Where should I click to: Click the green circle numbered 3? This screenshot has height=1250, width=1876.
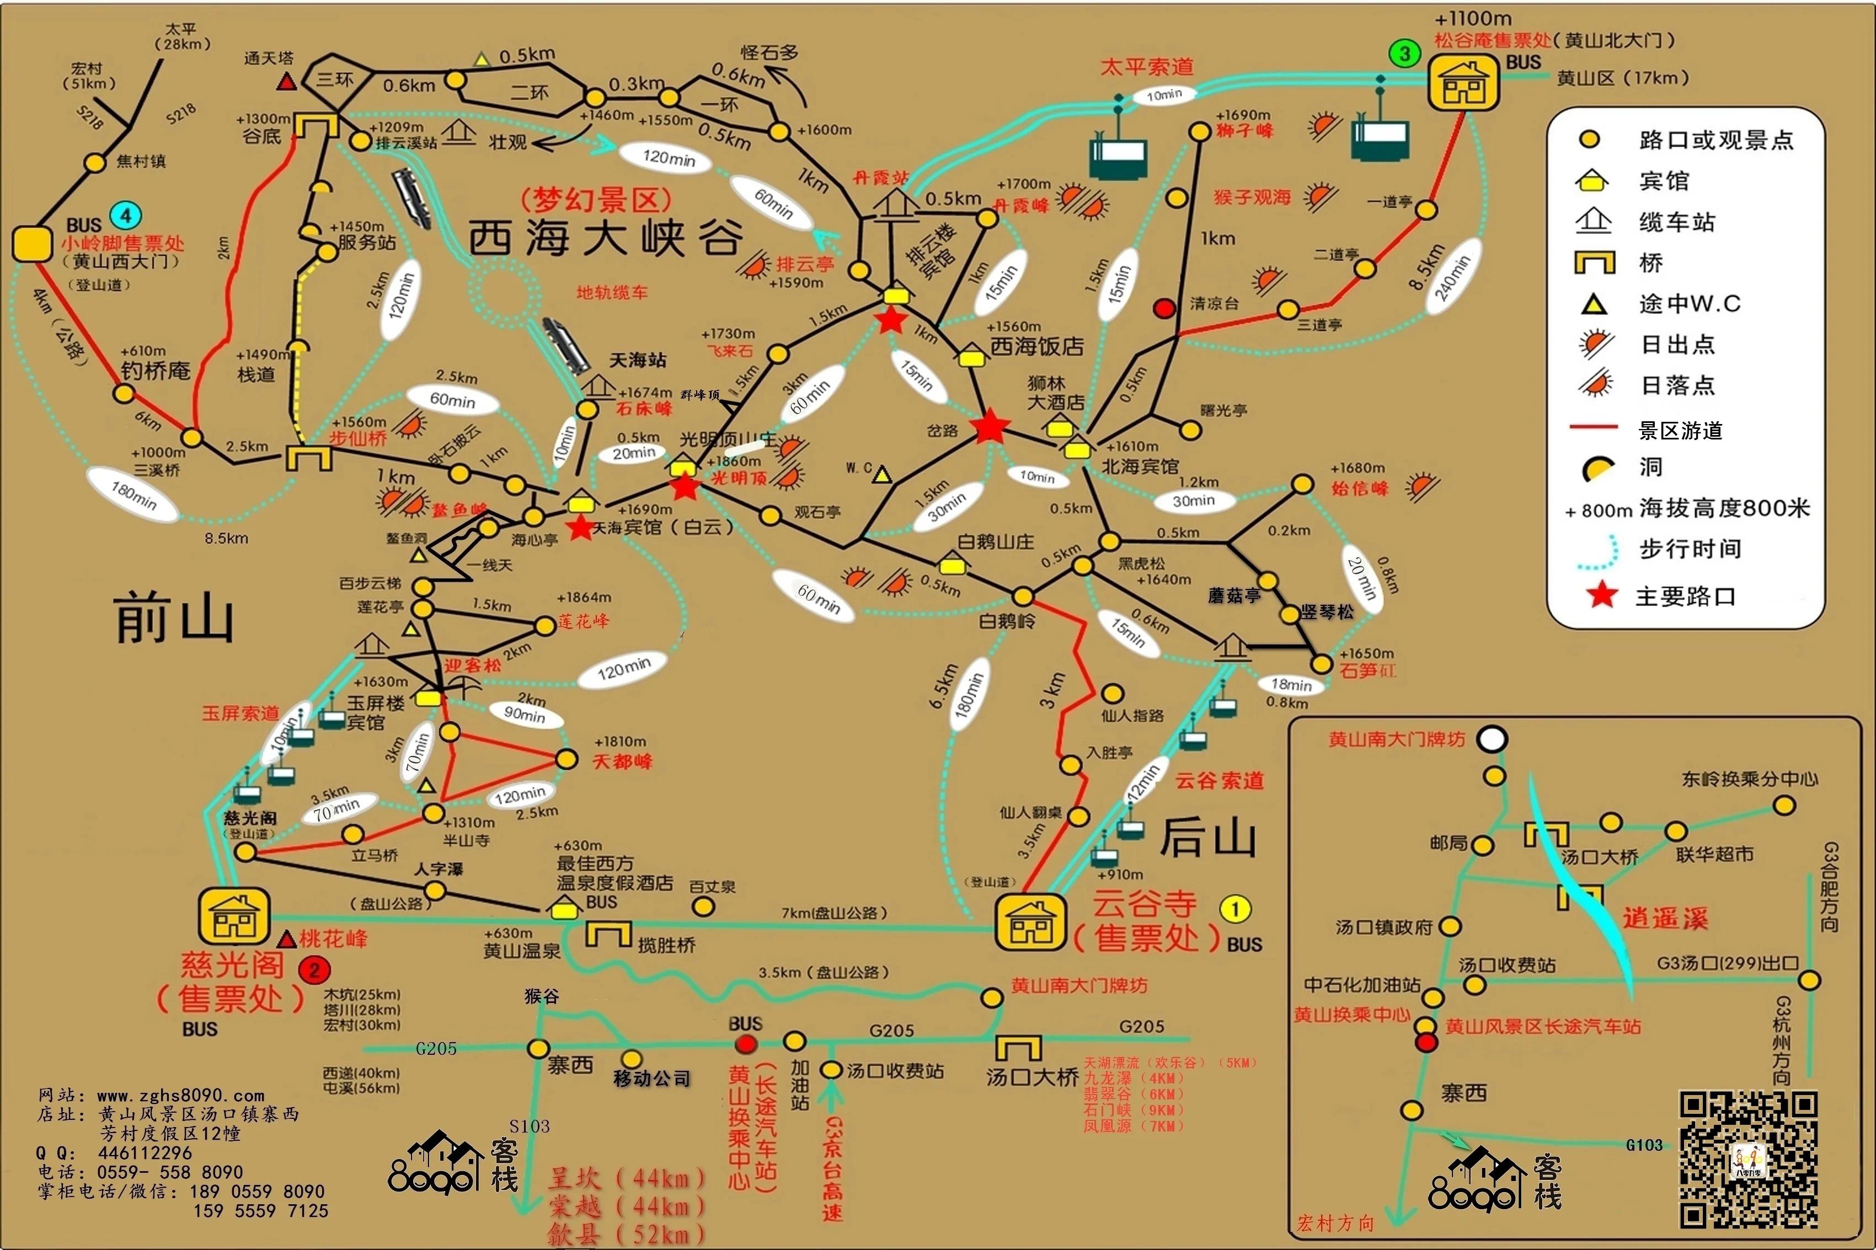pos(1405,53)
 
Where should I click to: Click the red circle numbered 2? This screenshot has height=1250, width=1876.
pos(314,970)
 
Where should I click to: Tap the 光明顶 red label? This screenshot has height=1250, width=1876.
pos(738,478)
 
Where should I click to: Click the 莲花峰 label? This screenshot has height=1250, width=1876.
pos(583,621)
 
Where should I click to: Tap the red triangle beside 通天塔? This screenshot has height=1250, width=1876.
pos(287,81)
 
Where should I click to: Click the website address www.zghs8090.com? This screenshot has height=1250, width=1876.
pos(180,1096)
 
